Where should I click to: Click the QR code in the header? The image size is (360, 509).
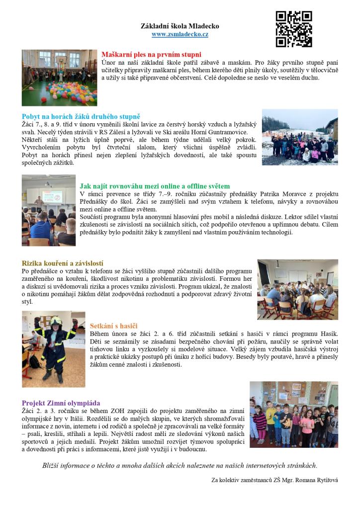point(294,29)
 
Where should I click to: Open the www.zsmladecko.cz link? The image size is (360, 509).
point(180,34)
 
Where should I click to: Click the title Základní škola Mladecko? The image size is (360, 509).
point(180,26)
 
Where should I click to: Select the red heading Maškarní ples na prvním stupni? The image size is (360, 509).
point(151,54)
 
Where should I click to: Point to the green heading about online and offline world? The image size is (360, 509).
point(155,186)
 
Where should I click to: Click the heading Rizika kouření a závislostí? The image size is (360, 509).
point(63,263)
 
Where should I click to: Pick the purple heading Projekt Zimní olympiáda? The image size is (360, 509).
point(61,403)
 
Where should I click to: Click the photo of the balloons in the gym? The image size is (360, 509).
point(59,78)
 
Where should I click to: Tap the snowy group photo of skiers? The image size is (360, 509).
point(300,137)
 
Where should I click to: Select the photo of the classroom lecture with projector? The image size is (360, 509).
point(48,210)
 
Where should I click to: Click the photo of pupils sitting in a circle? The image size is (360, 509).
point(297,289)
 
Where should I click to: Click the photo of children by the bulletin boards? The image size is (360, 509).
point(293,414)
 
